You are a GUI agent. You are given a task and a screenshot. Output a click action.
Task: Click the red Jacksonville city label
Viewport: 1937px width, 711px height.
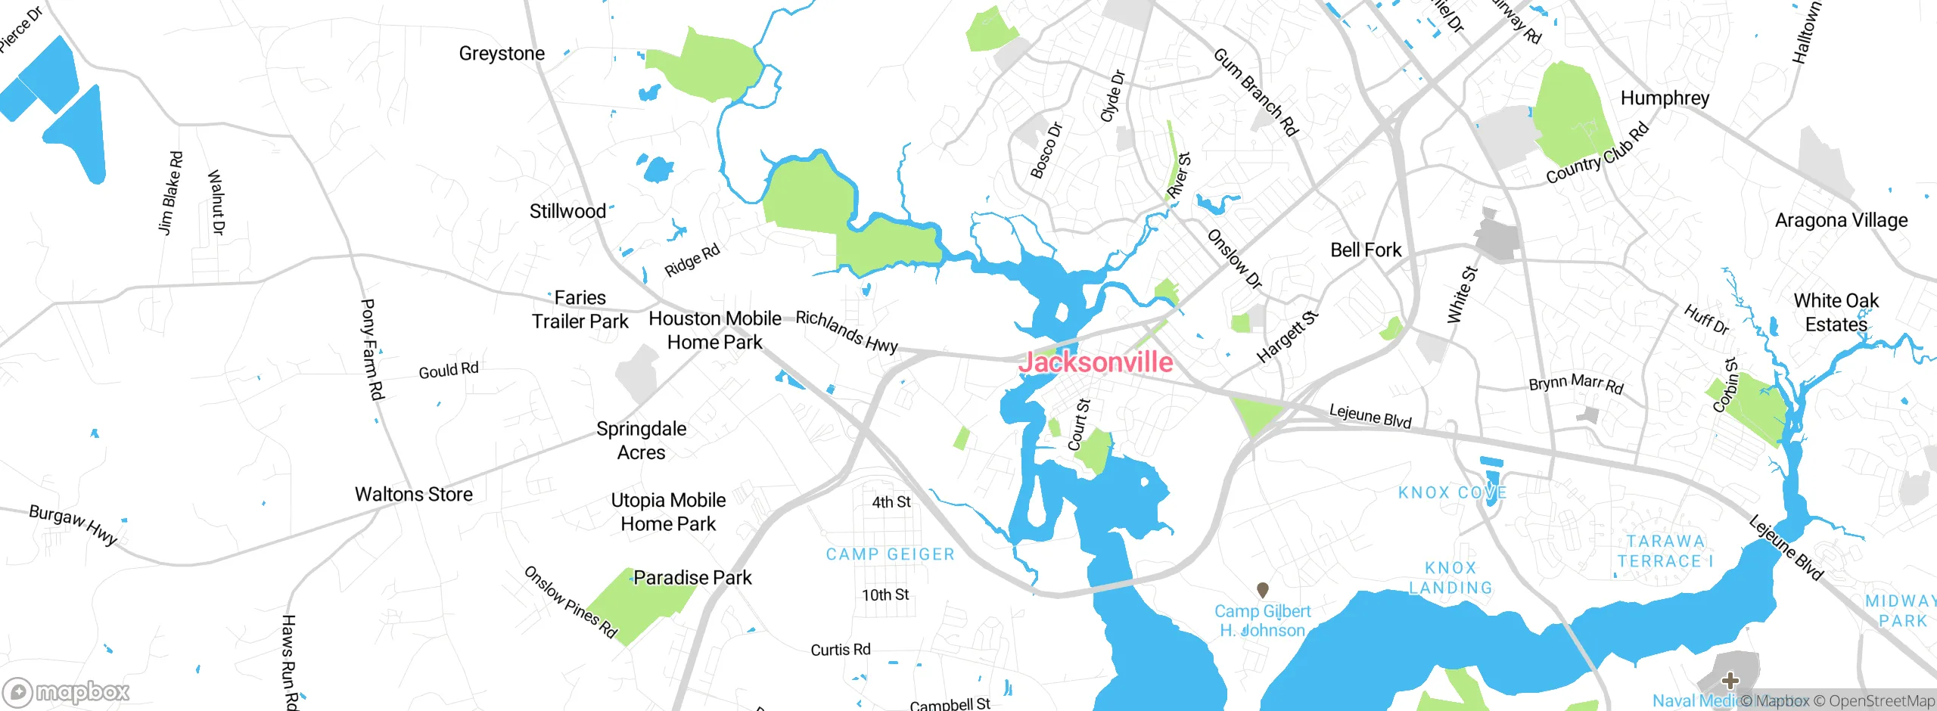click(x=1095, y=362)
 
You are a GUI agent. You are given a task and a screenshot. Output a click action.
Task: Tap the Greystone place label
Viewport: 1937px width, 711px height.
click(x=502, y=54)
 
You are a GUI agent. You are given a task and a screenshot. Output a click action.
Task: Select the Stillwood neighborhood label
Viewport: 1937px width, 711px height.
click(x=567, y=211)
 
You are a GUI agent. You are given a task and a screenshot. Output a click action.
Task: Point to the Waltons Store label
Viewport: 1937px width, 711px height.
click(x=414, y=494)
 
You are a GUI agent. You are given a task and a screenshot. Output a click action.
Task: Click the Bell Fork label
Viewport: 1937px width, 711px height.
click(x=1366, y=250)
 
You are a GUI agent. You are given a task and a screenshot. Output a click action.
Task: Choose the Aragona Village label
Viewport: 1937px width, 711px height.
click(x=1841, y=220)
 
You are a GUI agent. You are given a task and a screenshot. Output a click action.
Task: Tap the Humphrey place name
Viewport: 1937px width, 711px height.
click(x=1665, y=98)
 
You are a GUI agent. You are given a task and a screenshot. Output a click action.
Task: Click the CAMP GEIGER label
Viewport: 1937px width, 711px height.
click(x=890, y=554)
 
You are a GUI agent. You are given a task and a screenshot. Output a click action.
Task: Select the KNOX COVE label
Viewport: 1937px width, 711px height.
click(x=1452, y=493)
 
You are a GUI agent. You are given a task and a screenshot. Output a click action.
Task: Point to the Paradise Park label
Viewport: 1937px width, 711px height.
click(x=692, y=578)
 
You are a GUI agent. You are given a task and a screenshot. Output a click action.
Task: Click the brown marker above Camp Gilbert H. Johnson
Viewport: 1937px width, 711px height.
click(x=1262, y=589)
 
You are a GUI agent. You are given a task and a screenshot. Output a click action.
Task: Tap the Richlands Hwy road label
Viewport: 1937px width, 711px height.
click(x=847, y=331)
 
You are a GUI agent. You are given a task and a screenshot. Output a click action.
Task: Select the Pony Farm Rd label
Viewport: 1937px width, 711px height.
click(x=372, y=349)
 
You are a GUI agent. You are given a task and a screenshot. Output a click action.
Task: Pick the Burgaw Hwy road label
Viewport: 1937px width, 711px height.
click(x=73, y=524)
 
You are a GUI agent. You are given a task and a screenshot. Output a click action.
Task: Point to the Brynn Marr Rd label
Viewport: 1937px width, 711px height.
click(x=1576, y=383)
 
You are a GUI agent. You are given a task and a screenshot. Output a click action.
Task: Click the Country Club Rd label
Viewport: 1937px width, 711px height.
click(x=1597, y=154)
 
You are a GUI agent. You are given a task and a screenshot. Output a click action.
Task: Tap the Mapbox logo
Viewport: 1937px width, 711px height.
click(x=67, y=691)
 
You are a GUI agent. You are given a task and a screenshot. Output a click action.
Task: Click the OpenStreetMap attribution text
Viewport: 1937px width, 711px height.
click(x=1874, y=701)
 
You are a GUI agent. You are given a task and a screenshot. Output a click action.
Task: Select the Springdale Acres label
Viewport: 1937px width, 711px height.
click(x=641, y=440)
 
